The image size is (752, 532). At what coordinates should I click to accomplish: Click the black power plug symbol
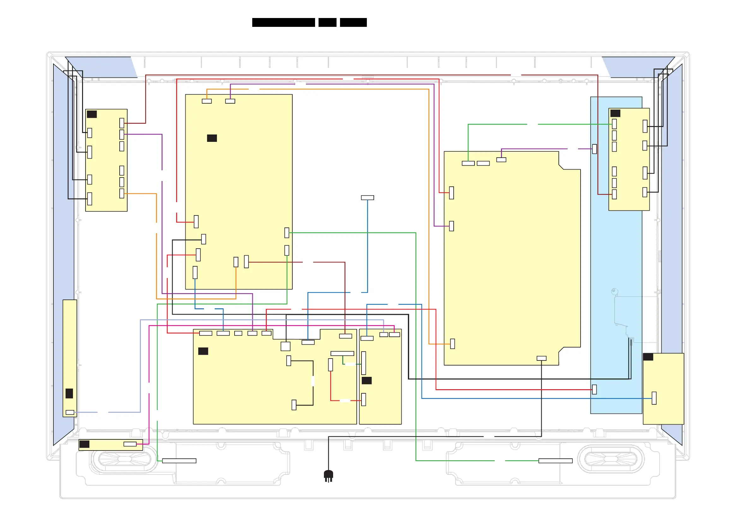click(x=328, y=475)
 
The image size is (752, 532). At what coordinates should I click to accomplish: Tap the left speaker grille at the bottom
click(x=124, y=459)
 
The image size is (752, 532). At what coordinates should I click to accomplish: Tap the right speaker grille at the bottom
click(x=611, y=459)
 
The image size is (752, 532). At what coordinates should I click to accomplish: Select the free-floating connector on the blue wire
click(x=367, y=198)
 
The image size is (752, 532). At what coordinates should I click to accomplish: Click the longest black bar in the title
click(x=283, y=22)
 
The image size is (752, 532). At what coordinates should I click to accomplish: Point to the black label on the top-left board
click(x=92, y=114)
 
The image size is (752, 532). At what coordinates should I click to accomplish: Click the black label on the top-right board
click(x=615, y=113)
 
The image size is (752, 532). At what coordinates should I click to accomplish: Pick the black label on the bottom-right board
click(x=648, y=357)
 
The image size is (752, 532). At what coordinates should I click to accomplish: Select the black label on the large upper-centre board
click(x=212, y=138)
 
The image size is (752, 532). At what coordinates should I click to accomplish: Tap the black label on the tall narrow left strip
click(x=69, y=393)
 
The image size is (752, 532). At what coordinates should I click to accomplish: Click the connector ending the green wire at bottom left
click(x=179, y=461)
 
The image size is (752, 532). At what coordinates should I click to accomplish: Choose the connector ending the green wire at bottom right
click(x=556, y=461)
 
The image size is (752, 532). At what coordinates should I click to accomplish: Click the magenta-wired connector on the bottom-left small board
click(x=130, y=444)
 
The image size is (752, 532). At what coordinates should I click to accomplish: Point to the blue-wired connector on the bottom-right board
click(x=654, y=398)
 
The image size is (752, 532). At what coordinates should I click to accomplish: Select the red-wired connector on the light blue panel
click(x=594, y=390)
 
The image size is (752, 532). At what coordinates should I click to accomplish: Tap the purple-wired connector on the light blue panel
click(x=594, y=149)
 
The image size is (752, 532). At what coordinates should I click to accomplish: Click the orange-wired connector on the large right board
click(x=453, y=344)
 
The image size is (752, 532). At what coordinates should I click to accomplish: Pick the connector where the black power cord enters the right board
click(x=541, y=358)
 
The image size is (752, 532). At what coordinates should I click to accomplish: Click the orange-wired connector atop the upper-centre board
click(x=207, y=101)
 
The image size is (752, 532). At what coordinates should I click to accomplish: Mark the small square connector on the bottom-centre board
click(x=286, y=346)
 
